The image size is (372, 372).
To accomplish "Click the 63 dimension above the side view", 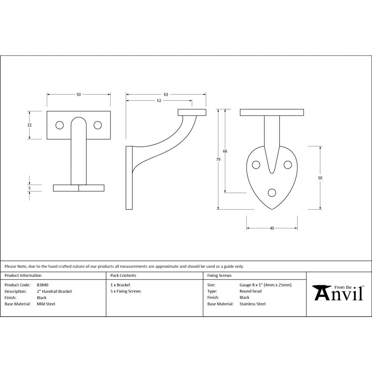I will pos(166,94).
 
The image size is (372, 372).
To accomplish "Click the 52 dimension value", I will pos(159,101).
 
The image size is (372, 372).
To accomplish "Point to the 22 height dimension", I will pos(29,125).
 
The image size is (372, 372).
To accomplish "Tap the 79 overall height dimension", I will pos(218,159).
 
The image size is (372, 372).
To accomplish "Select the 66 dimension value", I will pos(225,151).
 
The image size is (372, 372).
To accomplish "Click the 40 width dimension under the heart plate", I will pos(272,228).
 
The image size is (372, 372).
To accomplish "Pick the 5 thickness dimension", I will pos(29,188).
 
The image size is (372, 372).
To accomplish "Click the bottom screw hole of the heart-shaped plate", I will pos(272,192).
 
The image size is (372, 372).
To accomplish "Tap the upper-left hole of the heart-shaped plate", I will pos(256,164).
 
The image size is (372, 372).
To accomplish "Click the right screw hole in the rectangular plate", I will pos(97,125).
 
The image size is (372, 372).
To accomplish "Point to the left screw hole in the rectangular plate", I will pos(60,125).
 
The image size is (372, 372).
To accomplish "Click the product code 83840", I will pos(42,285).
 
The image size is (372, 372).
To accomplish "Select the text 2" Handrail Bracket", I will pos(54,291).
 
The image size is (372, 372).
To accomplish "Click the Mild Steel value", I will pos(46,304).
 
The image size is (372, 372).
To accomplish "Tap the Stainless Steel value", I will pos(253,304).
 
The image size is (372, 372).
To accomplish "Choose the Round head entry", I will pos(250,291).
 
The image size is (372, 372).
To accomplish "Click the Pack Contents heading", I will pos(123,276).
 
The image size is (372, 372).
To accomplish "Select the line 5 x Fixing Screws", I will pos(126,291).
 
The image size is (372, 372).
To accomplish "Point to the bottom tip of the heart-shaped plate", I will pos(272,209).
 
